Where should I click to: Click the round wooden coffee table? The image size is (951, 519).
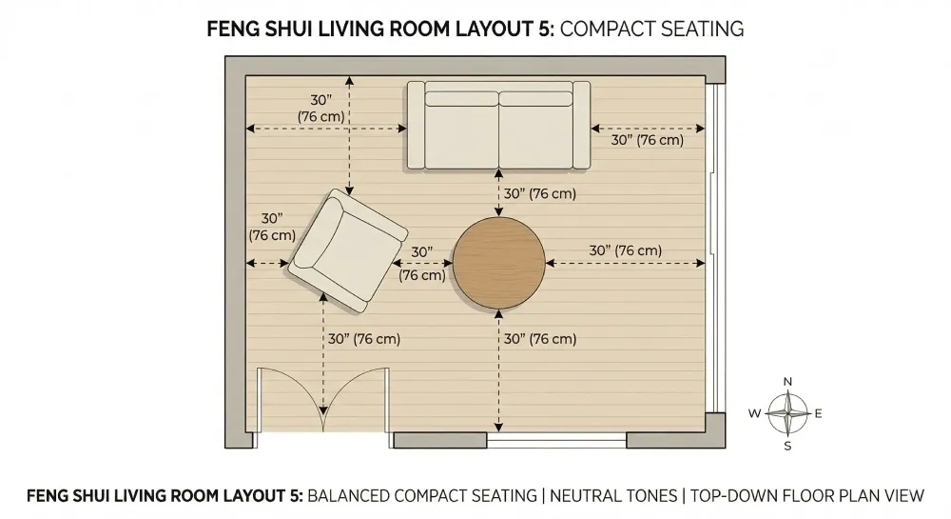point(498,263)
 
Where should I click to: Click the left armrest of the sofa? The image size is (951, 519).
point(416,125)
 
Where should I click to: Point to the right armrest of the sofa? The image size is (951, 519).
point(581,125)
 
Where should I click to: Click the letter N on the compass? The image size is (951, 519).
point(787,381)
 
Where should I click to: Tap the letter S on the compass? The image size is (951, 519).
point(787,446)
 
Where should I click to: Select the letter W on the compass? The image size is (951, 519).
point(754,413)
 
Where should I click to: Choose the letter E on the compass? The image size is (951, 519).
point(819,413)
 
